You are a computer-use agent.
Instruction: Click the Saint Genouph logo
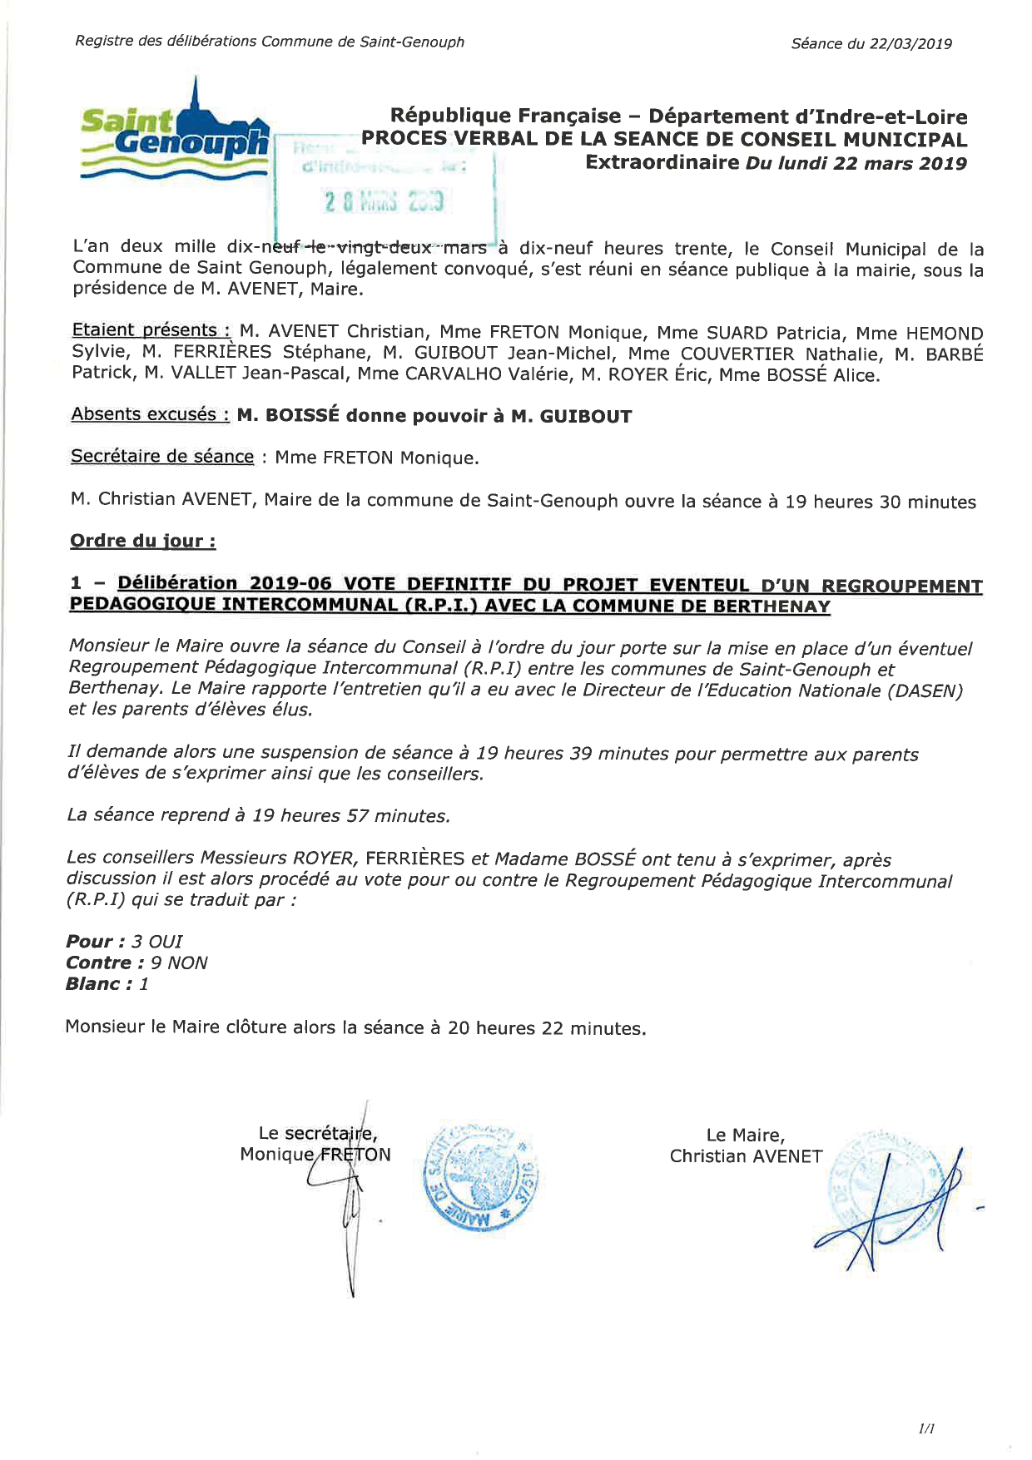tap(175, 133)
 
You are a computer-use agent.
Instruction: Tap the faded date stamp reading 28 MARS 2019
tap(385, 201)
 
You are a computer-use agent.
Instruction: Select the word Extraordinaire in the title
tap(662, 162)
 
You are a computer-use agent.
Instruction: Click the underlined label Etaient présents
tap(151, 331)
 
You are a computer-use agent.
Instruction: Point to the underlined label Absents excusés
tap(150, 414)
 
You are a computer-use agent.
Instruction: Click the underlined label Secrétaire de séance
tap(162, 456)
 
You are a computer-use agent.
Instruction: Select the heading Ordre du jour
tap(143, 541)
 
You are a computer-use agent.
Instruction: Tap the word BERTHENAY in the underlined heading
tap(767, 606)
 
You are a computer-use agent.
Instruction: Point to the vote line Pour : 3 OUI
tap(125, 941)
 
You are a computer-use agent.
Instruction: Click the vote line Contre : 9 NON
tap(137, 963)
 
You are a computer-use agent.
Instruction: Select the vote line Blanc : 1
tap(108, 984)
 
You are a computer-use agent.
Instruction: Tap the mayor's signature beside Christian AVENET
tap(886, 1206)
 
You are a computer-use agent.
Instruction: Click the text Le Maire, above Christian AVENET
tap(745, 1135)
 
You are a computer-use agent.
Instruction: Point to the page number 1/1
tap(925, 1429)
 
